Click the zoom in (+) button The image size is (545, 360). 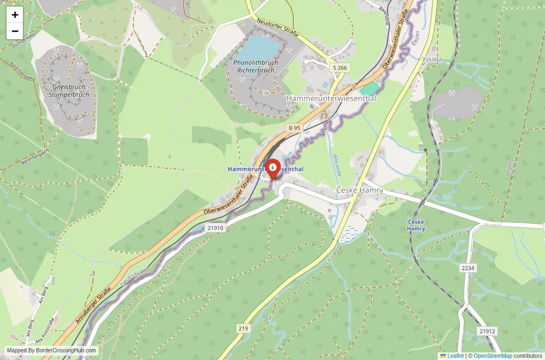[x=15, y=15]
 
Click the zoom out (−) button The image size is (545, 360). [x=15, y=32]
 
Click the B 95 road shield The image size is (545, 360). [x=294, y=127]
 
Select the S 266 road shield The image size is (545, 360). [x=340, y=68]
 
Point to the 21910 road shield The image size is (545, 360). [x=215, y=228]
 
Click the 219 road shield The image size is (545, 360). [x=243, y=328]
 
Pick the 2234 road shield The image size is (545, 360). [x=468, y=268]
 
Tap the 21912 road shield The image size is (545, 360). [x=487, y=331]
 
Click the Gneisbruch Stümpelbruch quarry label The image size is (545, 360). [x=69, y=91]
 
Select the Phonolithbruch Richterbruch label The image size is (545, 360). [x=256, y=66]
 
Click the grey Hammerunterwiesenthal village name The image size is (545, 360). [x=331, y=99]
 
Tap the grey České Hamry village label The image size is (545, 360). [x=359, y=190]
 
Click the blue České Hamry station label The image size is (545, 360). [x=416, y=225]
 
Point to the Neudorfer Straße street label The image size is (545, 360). [x=277, y=27]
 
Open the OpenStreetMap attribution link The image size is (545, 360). [x=493, y=356]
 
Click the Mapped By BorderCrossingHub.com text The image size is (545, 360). [x=52, y=351]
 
